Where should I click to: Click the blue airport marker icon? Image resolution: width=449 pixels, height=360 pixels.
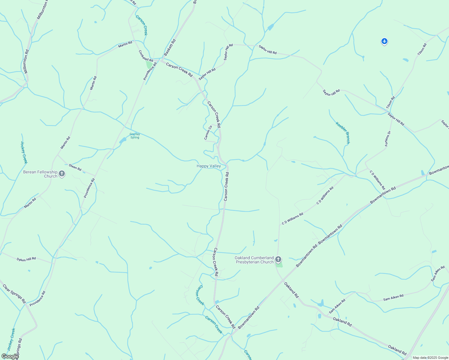tap(384, 41)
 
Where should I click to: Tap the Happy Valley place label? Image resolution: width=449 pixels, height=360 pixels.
tap(209, 166)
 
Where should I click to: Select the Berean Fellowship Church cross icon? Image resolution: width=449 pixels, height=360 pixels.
tap(62, 174)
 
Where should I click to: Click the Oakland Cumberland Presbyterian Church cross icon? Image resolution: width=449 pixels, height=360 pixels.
tap(278, 259)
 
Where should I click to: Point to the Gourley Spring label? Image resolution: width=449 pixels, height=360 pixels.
tap(135, 136)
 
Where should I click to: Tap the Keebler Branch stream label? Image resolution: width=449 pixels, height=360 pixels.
tap(343, 133)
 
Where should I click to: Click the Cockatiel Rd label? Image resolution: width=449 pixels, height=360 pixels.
tap(146, 56)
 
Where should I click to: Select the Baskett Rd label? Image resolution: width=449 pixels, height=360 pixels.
tap(170, 47)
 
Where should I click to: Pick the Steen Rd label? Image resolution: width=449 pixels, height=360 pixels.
tap(75, 167)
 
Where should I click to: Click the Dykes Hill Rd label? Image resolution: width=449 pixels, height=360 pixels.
tap(26, 259)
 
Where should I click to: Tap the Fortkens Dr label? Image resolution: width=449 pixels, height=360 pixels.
tap(388, 139)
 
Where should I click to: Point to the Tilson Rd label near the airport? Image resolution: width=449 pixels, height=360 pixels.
tap(422, 49)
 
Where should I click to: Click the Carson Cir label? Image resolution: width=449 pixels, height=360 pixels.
tap(208, 132)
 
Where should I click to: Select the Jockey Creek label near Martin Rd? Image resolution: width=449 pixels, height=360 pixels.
tap(24, 152)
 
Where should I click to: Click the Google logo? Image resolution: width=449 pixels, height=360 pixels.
tap(10, 356)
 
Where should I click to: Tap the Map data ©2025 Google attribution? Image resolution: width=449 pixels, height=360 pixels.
tap(430, 358)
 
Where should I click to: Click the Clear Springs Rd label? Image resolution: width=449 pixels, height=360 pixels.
tap(14, 294)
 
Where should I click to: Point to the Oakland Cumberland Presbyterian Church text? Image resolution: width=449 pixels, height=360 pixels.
tap(255, 260)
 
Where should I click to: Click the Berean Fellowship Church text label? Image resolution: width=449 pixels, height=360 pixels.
tap(40, 174)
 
